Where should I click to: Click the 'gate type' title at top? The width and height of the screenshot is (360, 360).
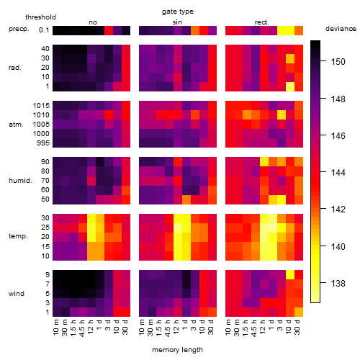click(178, 12)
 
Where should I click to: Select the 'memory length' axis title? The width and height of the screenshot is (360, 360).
click(177, 350)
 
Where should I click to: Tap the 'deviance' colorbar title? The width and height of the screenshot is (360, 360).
click(341, 29)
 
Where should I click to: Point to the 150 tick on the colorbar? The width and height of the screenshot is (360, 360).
click(323, 61)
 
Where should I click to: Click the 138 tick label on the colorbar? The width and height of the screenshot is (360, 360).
click(338, 284)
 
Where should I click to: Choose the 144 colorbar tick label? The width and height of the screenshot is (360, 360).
click(338, 172)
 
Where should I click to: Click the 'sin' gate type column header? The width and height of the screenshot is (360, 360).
click(177, 22)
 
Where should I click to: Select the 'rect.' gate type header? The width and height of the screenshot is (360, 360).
click(261, 22)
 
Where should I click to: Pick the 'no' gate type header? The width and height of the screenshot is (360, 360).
click(93, 22)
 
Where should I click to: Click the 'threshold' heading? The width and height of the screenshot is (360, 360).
click(40, 17)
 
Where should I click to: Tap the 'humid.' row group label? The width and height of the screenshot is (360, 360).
click(20, 181)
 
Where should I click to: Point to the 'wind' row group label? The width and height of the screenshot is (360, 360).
click(17, 294)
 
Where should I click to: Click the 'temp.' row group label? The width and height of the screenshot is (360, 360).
click(18, 236)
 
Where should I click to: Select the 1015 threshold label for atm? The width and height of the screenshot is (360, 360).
click(41, 106)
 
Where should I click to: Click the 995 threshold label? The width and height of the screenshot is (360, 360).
click(43, 143)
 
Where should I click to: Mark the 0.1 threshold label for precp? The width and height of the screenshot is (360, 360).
click(44, 30)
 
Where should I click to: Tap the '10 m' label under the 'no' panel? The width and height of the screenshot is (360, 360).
click(56, 328)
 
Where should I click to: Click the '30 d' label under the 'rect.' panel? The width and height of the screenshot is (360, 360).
click(297, 328)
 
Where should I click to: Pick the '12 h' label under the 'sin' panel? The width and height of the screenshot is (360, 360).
click(176, 327)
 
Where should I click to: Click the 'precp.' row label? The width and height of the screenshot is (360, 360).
click(19, 29)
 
